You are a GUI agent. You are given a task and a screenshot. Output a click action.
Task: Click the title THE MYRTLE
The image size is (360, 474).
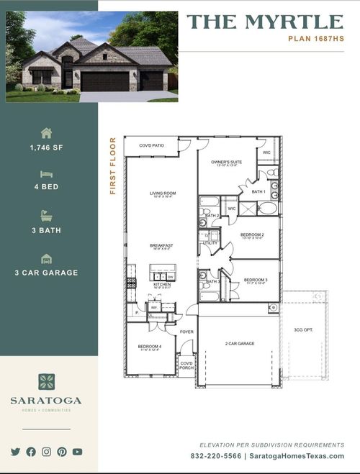click(x=264, y=22)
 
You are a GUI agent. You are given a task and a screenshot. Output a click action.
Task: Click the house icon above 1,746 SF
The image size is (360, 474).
click(x=47, y=133)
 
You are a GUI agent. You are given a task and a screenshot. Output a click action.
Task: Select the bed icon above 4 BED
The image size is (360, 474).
click(x=47, y=174)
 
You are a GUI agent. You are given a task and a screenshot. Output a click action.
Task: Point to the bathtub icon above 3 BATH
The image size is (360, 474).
click(x=47, y=215)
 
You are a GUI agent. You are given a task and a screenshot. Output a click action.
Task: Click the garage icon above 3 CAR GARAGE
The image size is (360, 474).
click(x=47, y=258)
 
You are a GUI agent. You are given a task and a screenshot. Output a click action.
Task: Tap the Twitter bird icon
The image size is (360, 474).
click(x=16, y=452)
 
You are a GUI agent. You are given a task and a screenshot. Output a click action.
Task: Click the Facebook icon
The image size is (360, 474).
click(x=31, y=452)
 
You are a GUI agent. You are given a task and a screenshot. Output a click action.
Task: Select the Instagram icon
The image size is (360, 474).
click(x=46, y=452)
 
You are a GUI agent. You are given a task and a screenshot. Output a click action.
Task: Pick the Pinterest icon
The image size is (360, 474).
click(x=62, y=452)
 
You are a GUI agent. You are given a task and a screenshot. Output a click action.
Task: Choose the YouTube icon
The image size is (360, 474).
click(x=77, y=452)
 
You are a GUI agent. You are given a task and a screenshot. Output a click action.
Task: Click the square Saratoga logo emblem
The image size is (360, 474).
click(x=47, y=382)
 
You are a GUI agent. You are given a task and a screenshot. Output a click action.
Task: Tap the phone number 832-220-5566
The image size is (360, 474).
click(x=216, y=456)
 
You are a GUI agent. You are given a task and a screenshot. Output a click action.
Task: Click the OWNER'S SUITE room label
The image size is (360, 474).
click(x=227, y=163)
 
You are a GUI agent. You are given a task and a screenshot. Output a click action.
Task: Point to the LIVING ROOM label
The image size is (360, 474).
click(x=163, y=193)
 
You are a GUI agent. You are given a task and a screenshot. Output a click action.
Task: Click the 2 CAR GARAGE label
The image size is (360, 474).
click(x=240, y=344)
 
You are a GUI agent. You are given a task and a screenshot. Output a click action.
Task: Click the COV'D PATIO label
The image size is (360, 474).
click(x=151, y=145)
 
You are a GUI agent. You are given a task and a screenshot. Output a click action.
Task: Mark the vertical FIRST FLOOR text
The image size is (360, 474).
click(x=113, y=166)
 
